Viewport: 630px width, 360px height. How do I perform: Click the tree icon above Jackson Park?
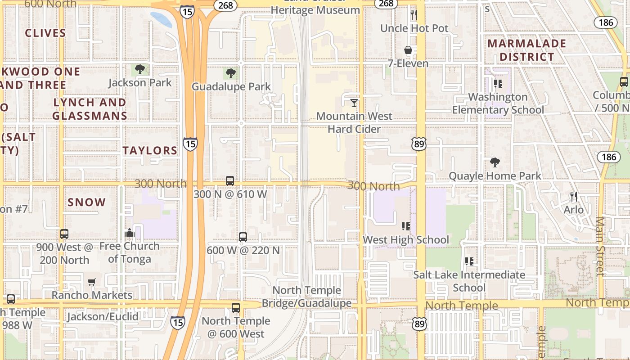(140, 69)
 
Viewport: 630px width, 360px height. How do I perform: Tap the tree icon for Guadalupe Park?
(231, 73)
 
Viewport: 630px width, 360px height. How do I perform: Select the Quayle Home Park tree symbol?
(495, 162)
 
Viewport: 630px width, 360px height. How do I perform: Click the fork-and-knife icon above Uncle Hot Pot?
(414, 15)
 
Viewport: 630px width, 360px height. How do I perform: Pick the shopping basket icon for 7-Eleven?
(408, 50)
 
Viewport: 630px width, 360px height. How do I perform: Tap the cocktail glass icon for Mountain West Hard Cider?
(354, 103)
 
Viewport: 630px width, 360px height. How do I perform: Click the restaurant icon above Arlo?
(573, 197)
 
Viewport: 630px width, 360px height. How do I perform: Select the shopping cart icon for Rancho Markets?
(92, 282)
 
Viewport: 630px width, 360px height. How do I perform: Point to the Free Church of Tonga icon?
(130, 233)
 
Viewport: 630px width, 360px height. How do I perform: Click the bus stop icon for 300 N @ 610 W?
(230, 181)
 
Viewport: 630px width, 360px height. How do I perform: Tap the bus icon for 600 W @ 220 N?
(243, 237)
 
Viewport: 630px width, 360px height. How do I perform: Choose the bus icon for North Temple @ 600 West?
(236, 308)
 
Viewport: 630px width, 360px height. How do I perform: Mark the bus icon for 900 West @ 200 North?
(64, 234)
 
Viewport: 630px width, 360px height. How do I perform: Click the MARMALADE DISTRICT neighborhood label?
(526, 50)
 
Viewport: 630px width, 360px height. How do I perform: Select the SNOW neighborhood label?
(87, 202)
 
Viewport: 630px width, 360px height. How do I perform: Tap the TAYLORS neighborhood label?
(150, 151)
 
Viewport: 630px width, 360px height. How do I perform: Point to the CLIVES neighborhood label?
(45, 33)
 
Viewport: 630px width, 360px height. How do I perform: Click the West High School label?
(405, 240)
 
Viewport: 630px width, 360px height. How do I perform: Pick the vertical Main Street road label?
(600, 246)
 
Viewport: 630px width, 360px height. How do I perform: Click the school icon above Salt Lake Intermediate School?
(469, 261)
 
